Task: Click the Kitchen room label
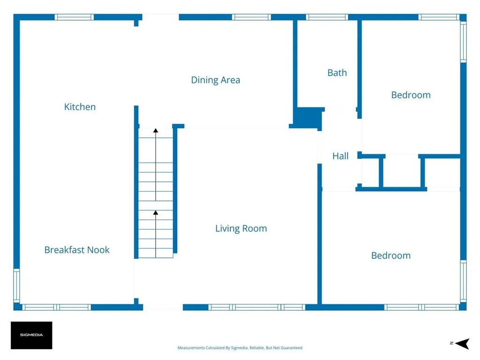point(80,107)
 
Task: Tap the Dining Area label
point(216,80)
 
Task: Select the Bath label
point(337,73)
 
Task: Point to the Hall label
point(340,156)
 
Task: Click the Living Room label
point(241,228)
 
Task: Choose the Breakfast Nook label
point(77,250)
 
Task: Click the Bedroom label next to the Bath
point(411,95)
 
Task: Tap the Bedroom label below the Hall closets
point(391,255)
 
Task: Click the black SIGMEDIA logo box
point(31,335)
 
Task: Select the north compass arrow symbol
point(463,344)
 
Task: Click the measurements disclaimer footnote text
point(240,348)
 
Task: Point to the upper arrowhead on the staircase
point(156,130)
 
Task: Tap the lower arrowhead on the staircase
point(156,212)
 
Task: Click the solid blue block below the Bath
point(307,118)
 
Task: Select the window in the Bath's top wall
point(327,17)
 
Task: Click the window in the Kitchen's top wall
point(74,17)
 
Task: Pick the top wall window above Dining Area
point(251,17)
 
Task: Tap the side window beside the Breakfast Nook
point(16,285)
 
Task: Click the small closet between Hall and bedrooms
point(402,172)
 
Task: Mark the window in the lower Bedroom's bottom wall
point(421,307)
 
